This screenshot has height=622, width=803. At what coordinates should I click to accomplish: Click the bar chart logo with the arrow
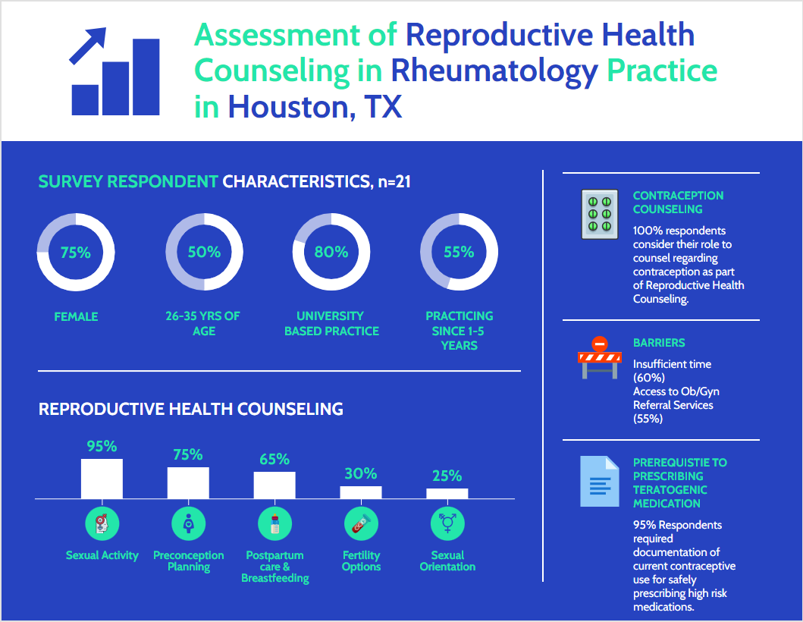point(114,72)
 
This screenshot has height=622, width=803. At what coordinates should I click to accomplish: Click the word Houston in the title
point(287,106)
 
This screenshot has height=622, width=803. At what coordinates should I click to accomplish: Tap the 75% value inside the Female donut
point(75,253)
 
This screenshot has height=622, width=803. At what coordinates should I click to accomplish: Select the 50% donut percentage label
point(204,252)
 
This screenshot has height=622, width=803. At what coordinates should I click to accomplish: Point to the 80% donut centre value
point(331,252)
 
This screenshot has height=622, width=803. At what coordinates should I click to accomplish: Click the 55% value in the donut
point(459,252)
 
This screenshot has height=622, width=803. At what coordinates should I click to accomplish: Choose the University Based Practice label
point(331,323)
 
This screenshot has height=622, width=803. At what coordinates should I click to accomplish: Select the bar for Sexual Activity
point(102,479)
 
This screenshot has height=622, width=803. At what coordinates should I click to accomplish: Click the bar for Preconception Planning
point(188,482)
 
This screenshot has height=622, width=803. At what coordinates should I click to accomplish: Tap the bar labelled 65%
point(274,485)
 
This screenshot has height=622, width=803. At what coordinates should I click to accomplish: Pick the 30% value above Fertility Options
point(360,473)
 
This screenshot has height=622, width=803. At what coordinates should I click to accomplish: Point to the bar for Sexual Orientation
point(447,493)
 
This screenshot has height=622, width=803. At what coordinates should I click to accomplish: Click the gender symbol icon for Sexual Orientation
point(447,523)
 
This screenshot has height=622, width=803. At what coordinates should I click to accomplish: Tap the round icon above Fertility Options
point(361,523)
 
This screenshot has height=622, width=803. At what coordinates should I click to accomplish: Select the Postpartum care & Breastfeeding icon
point(274,523)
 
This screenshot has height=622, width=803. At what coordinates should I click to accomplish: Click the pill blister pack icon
point(599,215)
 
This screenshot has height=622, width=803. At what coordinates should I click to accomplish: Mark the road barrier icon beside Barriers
point(599,358)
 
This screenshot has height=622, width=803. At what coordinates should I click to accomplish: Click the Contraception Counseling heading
point(678,202)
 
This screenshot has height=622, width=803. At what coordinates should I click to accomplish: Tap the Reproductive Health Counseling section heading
point(191,409)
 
